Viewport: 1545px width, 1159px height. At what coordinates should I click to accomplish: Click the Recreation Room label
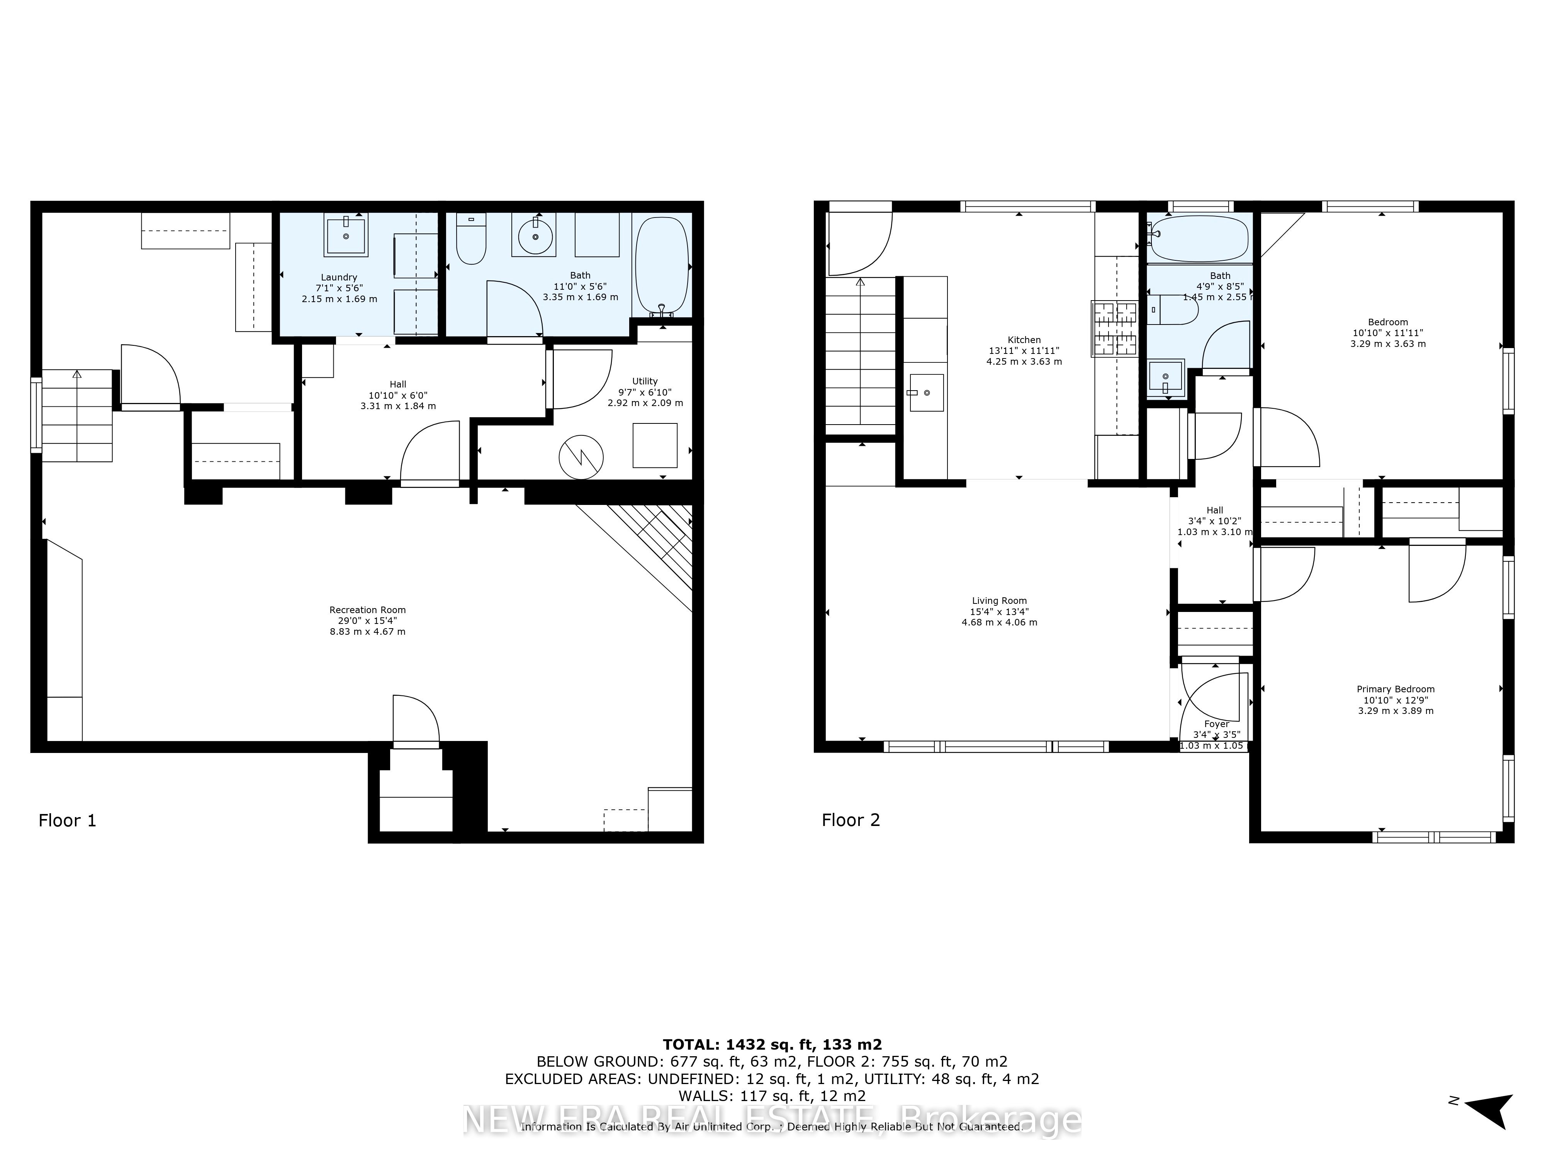tap(367, 610)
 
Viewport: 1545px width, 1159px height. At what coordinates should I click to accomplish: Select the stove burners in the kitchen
tap(1115, 328)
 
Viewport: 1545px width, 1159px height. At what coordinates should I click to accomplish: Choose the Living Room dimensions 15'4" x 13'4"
tap(1000, 611)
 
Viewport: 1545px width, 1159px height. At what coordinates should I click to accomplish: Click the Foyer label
tap(1216, 724)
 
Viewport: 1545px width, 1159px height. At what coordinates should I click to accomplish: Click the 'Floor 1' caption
tap(67, 820)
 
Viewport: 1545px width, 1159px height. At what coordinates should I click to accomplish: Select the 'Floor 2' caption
tap(851, 820)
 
